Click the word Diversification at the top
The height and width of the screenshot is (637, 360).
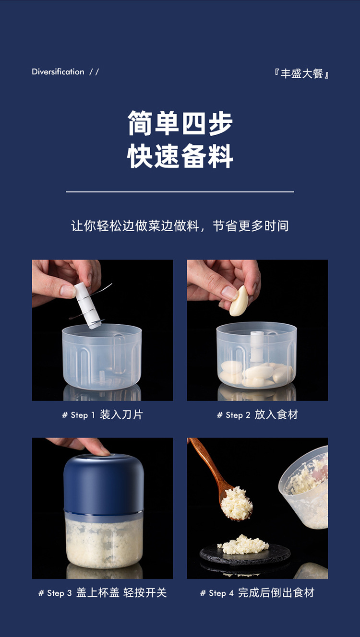click(x=58, y=71)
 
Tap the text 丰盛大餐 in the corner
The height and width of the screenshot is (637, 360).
click(x=301, y=74)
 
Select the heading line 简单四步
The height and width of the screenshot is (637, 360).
click(x=180, y=123)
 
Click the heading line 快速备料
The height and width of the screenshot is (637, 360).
click(x=180, y=156)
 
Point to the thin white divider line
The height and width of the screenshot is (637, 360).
click(x=180, y=192)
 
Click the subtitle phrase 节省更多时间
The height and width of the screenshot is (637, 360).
click(x=251, y=226)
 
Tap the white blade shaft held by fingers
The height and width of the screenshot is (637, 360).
click(x=87, y=306)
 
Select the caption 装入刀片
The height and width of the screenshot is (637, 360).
click(x=121, y=414)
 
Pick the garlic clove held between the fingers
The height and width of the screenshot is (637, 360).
click(x=239, y=301)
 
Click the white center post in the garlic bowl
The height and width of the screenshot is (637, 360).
click(x=257, y=347)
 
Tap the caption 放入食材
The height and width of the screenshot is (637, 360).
click(x=276, y=414)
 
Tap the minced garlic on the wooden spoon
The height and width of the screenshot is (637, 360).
click(x=236, y=503)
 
